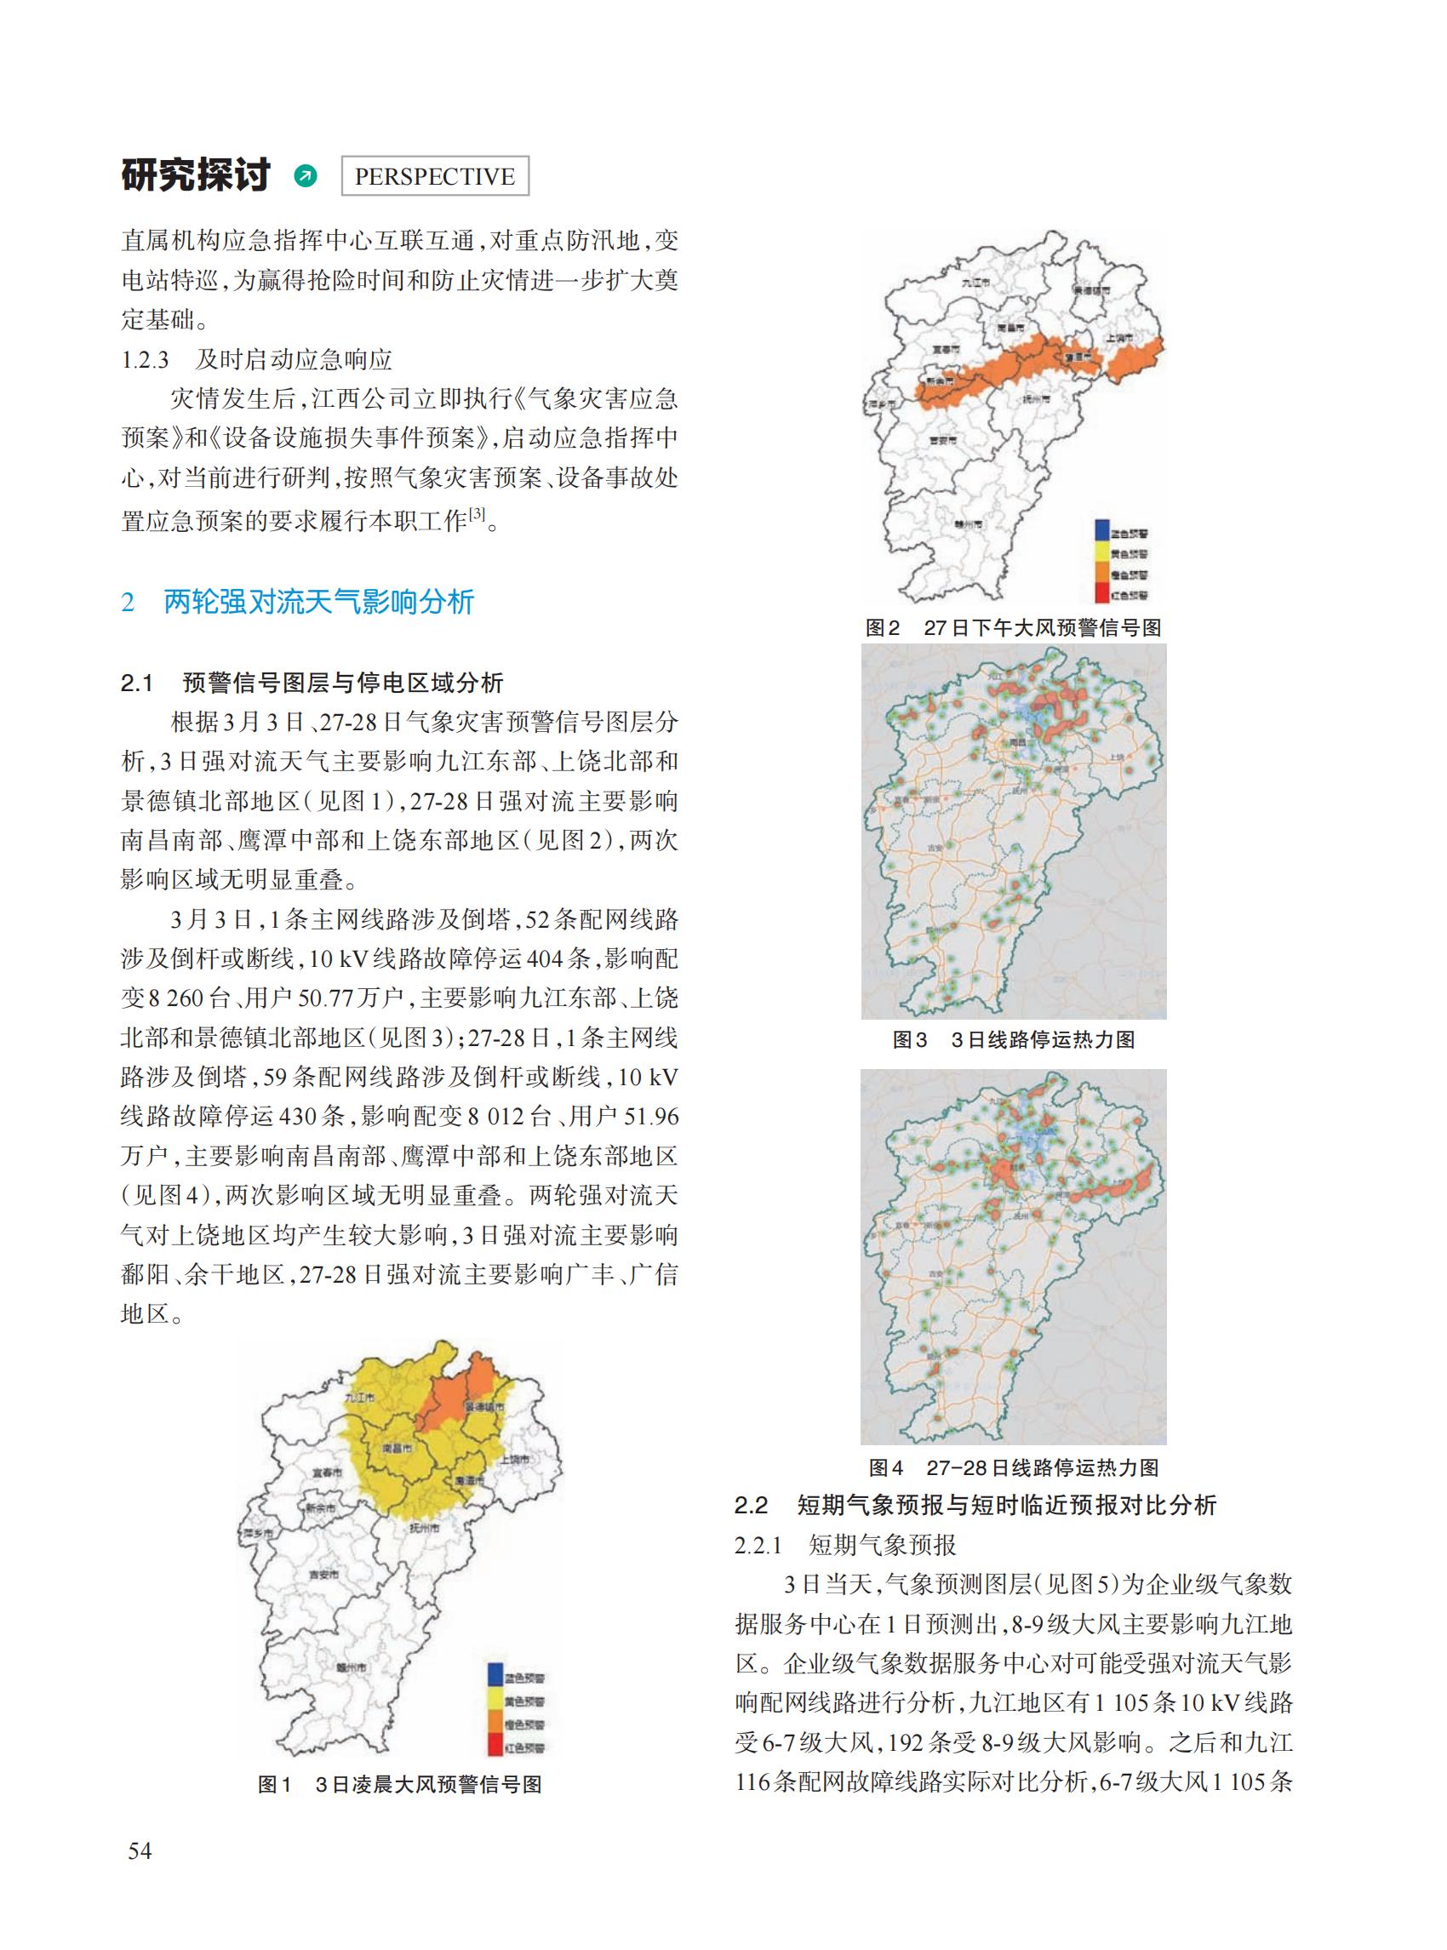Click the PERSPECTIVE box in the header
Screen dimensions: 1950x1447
[x=434, y=176]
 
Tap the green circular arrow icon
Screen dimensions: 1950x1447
[x=306, y=176]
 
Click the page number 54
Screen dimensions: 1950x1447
[x=140, y=1851]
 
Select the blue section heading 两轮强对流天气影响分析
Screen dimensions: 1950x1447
[x=319, y=602]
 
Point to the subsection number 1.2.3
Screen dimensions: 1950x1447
[x=146, y=359]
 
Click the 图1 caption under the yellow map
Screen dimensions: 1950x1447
[x=400, y=1784]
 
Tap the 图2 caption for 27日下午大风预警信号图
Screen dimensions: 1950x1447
[x=1014, y=627]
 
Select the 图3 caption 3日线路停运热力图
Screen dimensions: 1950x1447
[x=1014, y=1040]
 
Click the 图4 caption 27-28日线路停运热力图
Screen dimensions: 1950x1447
[x=1014, y=1467]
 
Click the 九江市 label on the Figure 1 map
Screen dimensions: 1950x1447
[x=360, y=1397]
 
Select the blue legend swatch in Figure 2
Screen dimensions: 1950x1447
[x=1101, y=531]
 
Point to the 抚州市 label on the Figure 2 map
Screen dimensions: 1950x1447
[x=1035, y=398]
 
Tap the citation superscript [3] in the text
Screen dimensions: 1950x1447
[x=477, y=515]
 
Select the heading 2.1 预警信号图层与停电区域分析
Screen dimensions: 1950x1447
[x=312, y=683]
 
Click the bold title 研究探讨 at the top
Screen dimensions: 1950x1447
[x=197, y=175]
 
